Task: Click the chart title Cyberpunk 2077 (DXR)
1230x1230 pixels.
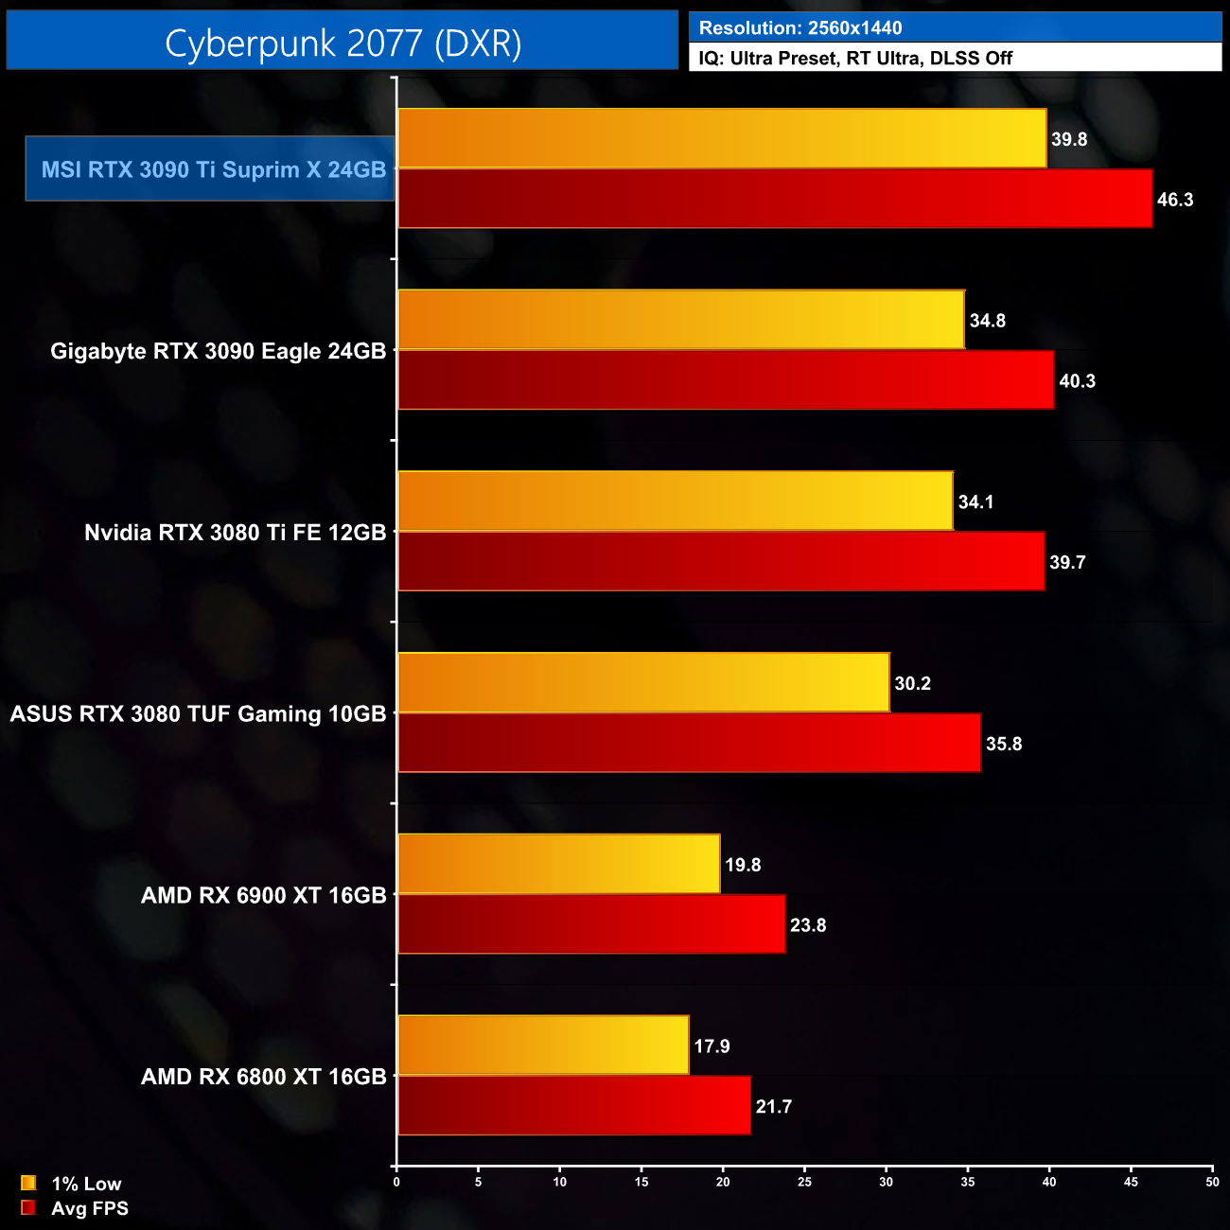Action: (343, 43)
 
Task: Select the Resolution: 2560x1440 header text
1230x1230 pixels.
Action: (800, 28)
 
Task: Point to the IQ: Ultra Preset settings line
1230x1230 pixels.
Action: (855, 59)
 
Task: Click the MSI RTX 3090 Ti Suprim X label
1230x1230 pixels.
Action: (213, 169)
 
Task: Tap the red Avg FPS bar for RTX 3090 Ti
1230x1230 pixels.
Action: (774, 199)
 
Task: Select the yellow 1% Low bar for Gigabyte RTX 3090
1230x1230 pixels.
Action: (680, 320)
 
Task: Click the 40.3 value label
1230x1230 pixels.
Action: (1077, 381)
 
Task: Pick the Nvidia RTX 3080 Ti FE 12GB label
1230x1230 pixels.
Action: (235, 533)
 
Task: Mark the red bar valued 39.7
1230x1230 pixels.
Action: (721, 562)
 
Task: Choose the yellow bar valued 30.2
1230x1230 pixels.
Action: (643, 682)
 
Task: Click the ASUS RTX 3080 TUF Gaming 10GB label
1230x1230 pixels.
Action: (198, 713)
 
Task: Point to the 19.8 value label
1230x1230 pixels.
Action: (743, 865)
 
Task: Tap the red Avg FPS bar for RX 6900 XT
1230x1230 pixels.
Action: (591, 924)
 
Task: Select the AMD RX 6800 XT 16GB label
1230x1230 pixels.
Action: (263, 1077)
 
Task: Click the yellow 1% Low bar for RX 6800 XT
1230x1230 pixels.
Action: (543, 1045)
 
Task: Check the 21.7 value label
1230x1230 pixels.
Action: (773, 1107)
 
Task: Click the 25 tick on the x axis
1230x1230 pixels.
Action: (804, 1182)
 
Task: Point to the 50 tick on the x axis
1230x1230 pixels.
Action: (1212, 1182)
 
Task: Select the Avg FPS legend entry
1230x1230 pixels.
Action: (75, 1208)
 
